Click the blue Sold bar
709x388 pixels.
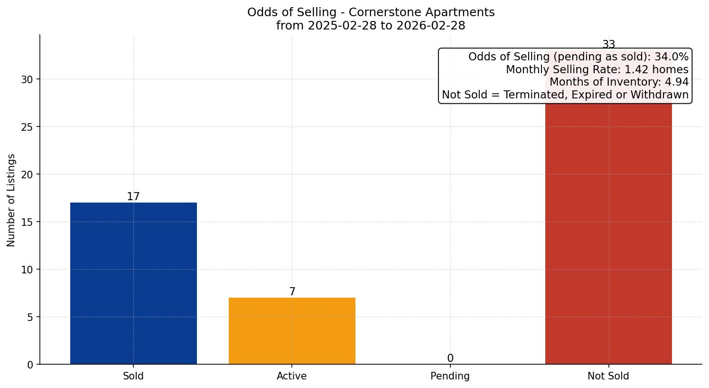[133, 283]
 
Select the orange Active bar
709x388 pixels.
[292, 331]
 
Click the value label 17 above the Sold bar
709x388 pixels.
[133, 196]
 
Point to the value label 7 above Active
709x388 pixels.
[292, 291]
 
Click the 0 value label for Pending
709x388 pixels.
[450, 358]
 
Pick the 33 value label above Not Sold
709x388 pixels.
[608, 45]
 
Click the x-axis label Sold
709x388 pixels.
[133, 376]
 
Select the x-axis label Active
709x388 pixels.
[292, 376]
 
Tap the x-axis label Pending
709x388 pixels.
[450, 376]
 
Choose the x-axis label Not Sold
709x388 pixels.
[608, 376]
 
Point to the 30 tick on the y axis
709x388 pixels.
[27, 79]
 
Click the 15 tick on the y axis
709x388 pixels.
[27, 222]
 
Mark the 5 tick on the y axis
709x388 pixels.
[30, 317]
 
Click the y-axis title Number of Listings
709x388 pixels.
[11, 200]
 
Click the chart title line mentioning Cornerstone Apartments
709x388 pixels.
[371, 12]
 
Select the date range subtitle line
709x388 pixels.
[371, 26]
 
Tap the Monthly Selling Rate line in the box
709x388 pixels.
[597, 69]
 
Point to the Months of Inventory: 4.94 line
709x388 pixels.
[618, 82]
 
